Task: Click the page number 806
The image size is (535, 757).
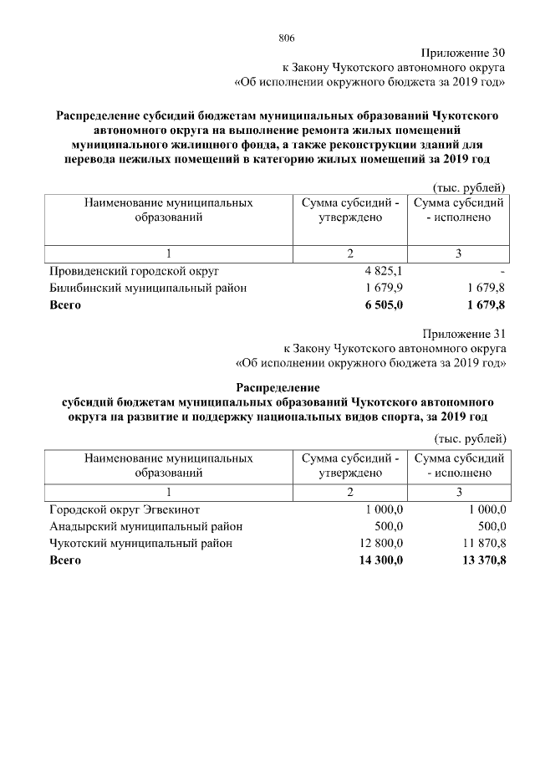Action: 287,38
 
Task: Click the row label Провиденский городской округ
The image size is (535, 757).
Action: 134,272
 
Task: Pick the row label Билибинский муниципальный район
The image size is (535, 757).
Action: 148,289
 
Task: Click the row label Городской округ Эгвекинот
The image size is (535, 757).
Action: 125,509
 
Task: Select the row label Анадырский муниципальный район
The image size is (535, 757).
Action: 145,526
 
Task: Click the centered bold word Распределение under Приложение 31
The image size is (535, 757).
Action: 278,387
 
